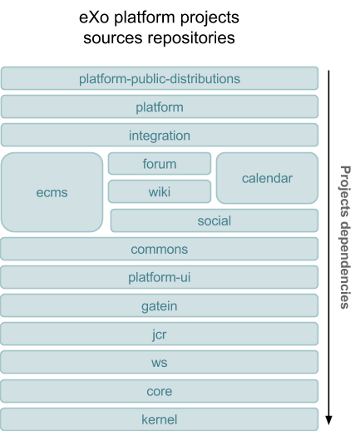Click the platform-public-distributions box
point(160,78)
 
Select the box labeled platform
point(160,107)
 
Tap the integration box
point(160,135)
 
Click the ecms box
point(52,192)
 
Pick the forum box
point(160,164)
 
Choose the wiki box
point(160,191)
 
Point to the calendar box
point(267,178)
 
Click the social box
point(215,220)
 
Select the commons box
point(160,249)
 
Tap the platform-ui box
point(160,277)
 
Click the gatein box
point(160,305)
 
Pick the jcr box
point(160,334)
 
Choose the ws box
point(160,362)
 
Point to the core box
point(160,391)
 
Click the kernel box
point(160,419)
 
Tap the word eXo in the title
point(94,17)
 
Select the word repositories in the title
point(191,37)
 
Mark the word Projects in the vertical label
point(345,191)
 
